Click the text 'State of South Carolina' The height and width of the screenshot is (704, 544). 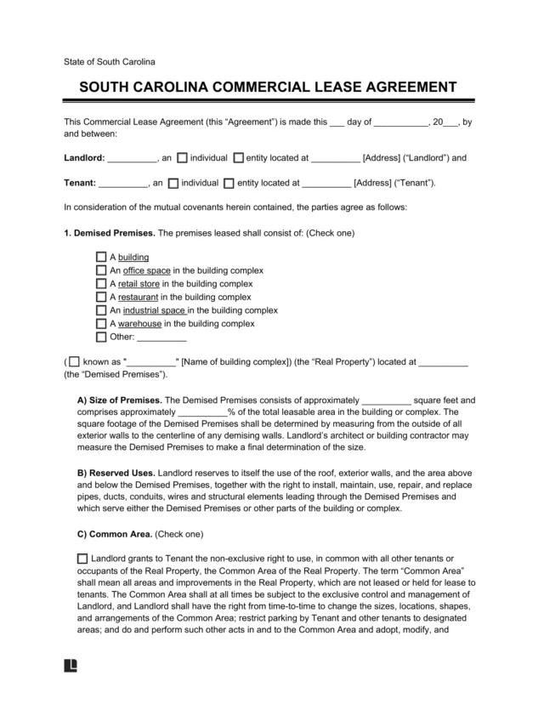pyautogui.click(x=110, y=62)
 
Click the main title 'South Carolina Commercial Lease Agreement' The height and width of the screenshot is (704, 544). pyautogui.click(x=271, y=88)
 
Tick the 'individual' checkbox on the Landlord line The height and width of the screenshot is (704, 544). pyautogui.click(x=183, y=157)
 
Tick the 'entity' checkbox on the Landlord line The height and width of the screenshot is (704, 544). pyautogui.click(x=239, y=157)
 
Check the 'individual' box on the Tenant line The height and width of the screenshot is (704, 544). pyautogui.click(x=173, y=182)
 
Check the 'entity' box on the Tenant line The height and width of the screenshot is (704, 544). pyautogui.click(x=229, y=182)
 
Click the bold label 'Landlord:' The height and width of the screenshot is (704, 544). pyautogui.click(x=85, y=158)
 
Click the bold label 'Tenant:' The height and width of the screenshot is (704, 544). pyautogui.click(x=81, y=183)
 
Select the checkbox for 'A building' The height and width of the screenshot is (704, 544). pyautogui.click(x=102, y=257)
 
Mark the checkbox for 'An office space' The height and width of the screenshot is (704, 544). pyautogui.click(x=102, y=270)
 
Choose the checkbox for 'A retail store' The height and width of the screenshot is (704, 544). pyautogui.click(x=102, y=284)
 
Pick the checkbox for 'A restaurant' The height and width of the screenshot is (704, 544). pyautogui.click(x=102, y=298)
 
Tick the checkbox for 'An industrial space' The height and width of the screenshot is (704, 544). pyautogui.click(x=102, y=311)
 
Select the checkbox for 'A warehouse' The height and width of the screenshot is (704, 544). pyautogui.click(x=102, y=324)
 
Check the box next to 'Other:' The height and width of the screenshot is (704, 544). pyautogui.click(x=102, y=338)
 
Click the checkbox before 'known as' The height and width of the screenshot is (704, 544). pyautogui.click(x=76, y=361)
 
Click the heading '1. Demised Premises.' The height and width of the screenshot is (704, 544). pyautogui.click(x=110, y=232)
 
